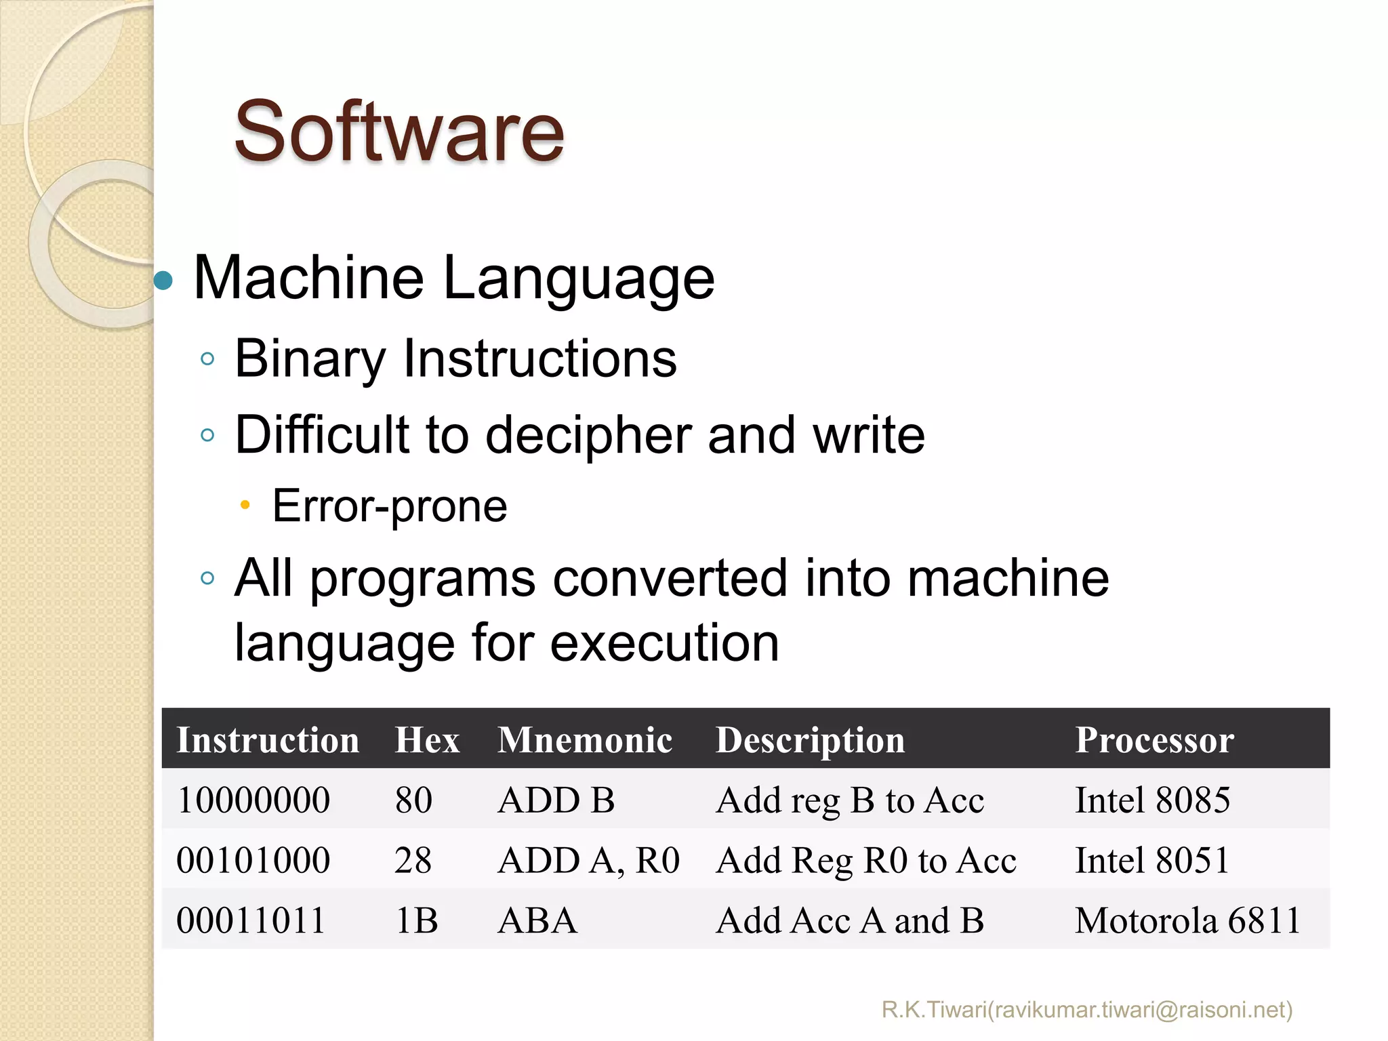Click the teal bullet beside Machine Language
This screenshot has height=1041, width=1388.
(163, 279)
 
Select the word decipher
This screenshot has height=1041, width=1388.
(588, 435)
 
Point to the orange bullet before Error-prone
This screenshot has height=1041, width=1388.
(245, 505)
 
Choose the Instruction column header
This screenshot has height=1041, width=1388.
(268, 739)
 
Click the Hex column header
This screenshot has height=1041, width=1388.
(427, 739)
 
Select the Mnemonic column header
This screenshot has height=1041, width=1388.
(585, 739)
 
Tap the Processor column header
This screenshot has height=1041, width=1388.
(1154, 739)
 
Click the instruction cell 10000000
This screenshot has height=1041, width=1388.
(253, 800)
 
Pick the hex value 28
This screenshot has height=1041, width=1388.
(413, 860)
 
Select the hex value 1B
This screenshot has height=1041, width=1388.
(416, 920)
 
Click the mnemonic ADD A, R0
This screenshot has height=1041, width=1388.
(588, 860)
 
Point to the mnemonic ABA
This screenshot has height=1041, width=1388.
(537, 920)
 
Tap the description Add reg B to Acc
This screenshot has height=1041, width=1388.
(850, 800)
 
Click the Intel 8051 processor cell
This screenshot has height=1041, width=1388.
(1151, 860)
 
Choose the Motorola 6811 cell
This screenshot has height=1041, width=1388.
(1187, 920)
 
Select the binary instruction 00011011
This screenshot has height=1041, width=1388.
(251, 920)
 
